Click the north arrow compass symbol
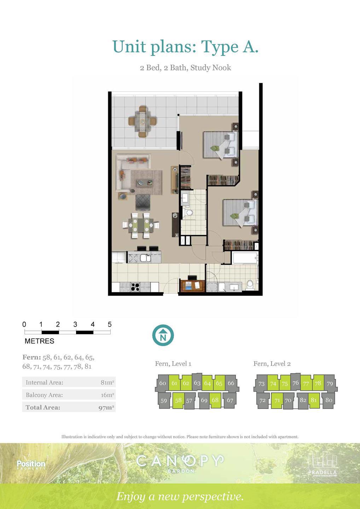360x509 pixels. (163, 335)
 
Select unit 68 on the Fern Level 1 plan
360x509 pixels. (215, 400)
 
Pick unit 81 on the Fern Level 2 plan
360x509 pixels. (314, 400)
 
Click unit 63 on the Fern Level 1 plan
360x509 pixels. (197, 383)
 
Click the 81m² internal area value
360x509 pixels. (107, 383)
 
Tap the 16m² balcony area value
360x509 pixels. (107, 395)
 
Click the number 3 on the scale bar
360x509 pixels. (75, 324)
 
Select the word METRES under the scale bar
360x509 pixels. (39, 341)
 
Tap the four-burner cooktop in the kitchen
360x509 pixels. (135, 287)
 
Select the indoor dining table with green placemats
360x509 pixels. (141, 225)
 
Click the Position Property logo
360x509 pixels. (31, 465)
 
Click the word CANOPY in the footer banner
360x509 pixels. (180, 461)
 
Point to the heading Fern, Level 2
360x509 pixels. (272, 364)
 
